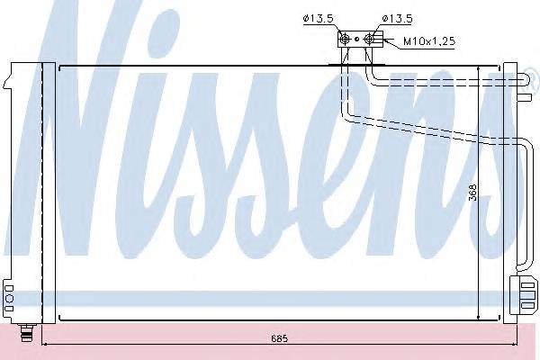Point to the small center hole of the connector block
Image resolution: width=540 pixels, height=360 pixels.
coord(358,39)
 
